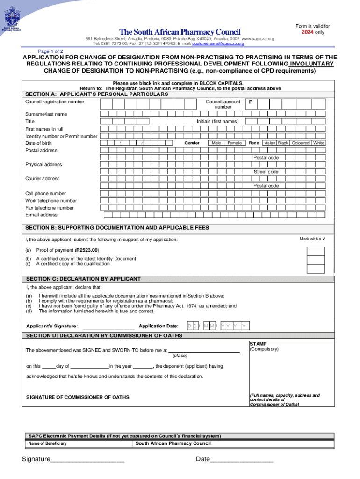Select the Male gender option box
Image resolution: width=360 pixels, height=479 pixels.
click(216, 143)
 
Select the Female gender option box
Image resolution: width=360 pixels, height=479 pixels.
click(234, 143)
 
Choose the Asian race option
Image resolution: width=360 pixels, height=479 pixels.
click(270, 143)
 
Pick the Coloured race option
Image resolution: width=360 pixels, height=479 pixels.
click(301, 143)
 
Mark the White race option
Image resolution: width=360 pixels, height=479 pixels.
click(319, 143)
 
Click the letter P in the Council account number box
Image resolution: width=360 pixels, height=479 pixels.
click(251, 102)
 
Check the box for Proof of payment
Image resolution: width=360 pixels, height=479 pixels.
click(316, 251)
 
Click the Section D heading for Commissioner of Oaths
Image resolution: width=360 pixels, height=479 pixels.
click(104, 336)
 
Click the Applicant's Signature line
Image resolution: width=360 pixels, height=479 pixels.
click(108, 326)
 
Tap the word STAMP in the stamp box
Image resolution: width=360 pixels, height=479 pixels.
click(258, 343)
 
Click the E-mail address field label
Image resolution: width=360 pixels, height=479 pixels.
click(41, 215)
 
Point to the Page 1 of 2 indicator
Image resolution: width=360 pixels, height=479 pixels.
click(50, 51)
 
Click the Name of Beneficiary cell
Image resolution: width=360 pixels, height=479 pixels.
click(47, 443)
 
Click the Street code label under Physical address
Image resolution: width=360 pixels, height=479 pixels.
click(266, 172)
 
